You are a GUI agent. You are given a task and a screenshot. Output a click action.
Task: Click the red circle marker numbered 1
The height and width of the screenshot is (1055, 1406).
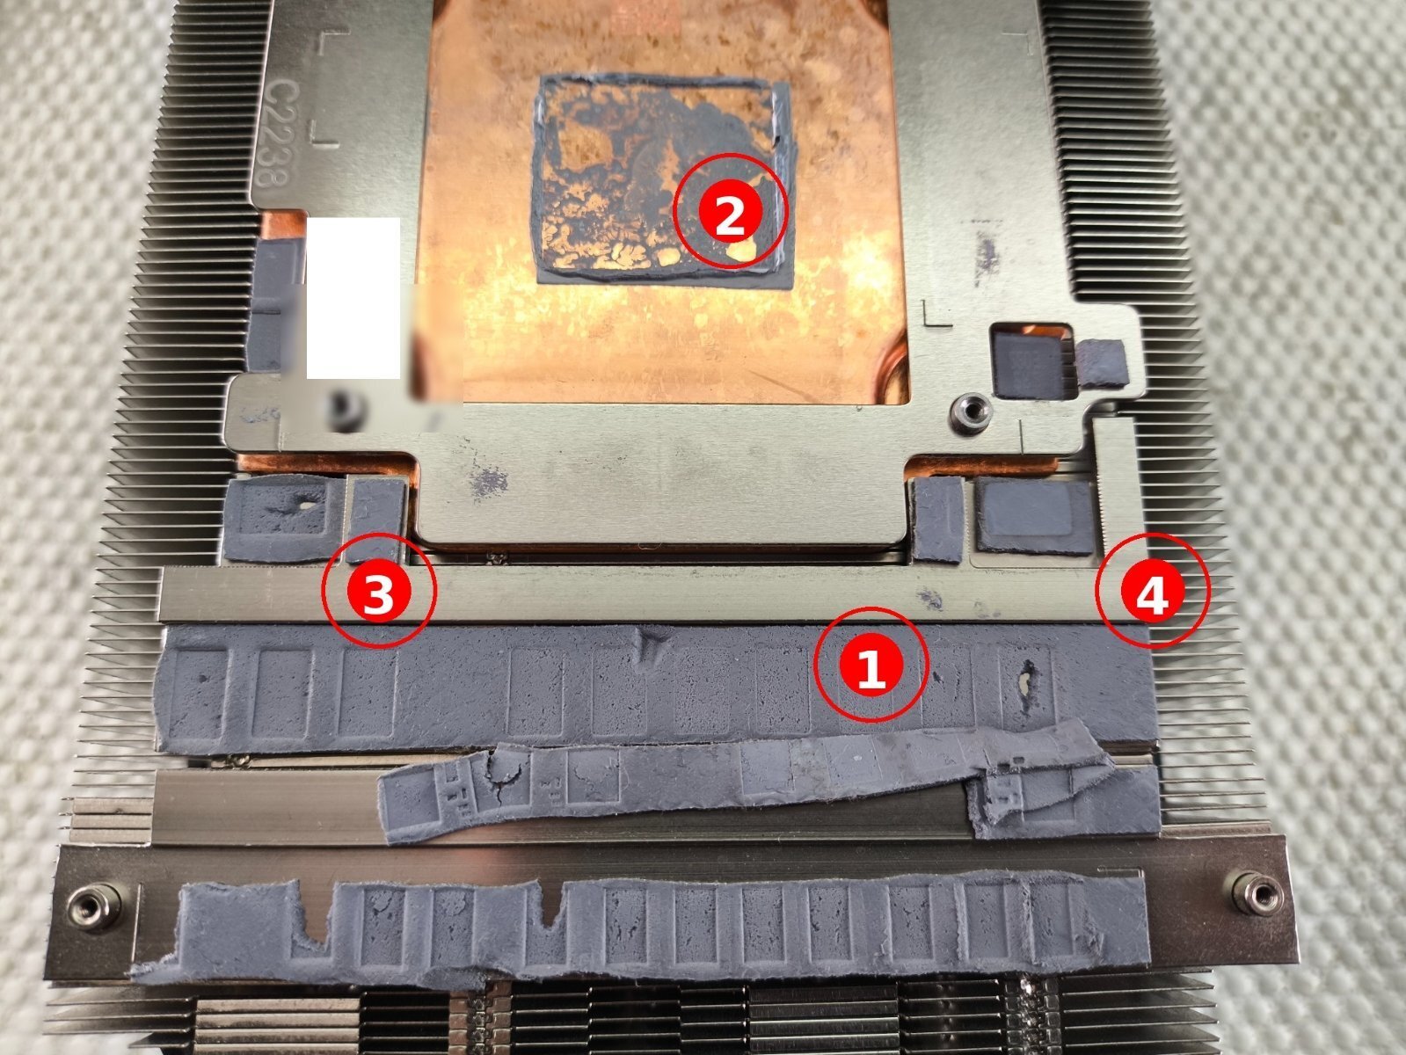click(871, 665)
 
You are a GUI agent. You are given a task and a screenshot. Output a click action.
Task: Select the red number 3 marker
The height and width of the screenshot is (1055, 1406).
click(379, 590)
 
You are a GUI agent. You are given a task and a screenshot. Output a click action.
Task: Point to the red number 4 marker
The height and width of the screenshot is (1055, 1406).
click(1153, 590)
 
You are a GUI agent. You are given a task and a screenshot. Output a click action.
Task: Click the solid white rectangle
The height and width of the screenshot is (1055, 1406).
click(353, 298)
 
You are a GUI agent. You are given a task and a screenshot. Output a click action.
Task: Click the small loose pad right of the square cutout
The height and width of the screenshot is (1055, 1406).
click(1103, 364)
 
